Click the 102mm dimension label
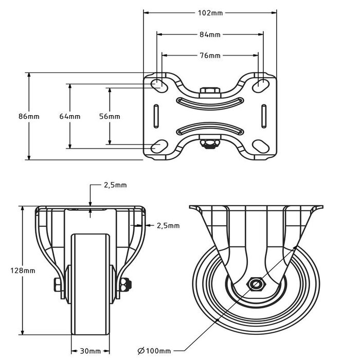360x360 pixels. pos(210,13)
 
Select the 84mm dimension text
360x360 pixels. pos(210,35)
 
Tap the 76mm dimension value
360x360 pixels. pos(210,56)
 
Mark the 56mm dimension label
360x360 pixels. pos(110,117)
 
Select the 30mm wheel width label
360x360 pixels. pos(91,351)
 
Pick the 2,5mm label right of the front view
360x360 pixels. pos(168,225)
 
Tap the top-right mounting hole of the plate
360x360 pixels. pos(261,83)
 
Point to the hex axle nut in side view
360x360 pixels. pos(256,284)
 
